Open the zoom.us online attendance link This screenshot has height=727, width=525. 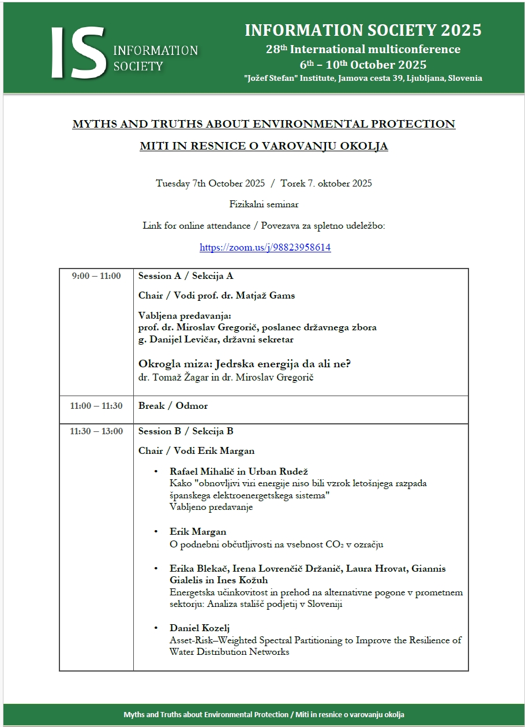pos(265,247)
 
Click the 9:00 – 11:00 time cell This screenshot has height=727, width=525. pos(96,276)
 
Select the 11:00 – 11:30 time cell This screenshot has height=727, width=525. pos(96,406)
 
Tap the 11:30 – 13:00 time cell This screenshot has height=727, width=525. pos(96,431)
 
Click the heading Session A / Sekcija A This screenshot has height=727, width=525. pos(186,276)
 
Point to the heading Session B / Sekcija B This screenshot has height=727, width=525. pos(186,431)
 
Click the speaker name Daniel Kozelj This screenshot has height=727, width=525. pos(200,628)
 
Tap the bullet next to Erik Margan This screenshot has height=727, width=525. pos(156,532)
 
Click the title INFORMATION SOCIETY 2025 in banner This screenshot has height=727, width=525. pos(363,30)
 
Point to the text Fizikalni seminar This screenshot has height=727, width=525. pos(264,204)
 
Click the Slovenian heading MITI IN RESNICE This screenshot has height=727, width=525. pos(264,146)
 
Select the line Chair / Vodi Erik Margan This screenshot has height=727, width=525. pos(196,450)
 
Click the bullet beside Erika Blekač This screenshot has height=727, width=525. pos(156,569)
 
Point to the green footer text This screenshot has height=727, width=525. pos(264,714)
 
